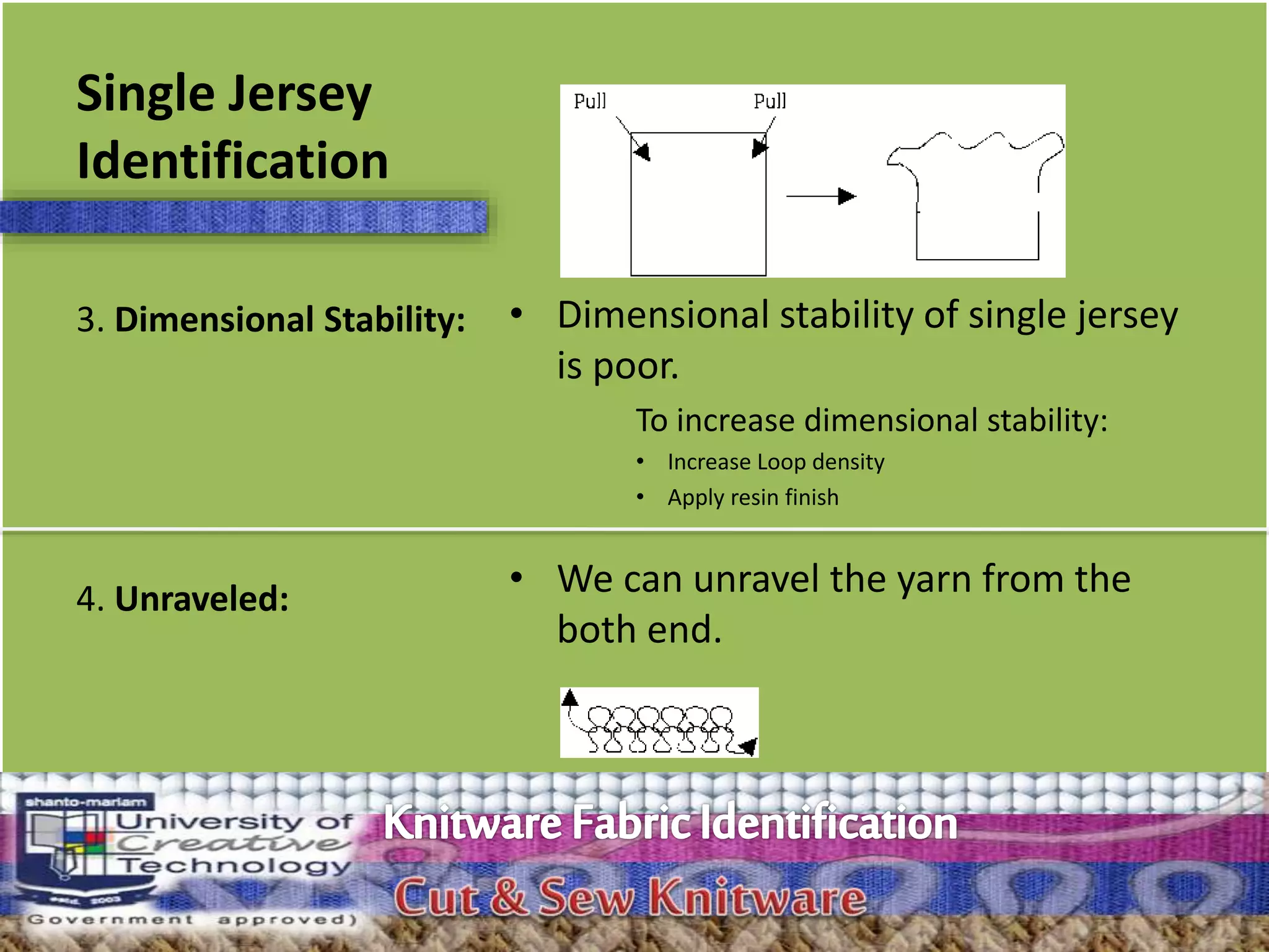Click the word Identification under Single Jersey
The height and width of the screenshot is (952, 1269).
232,161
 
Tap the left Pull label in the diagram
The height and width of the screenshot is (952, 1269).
589,101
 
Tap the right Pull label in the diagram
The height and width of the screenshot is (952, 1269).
770,101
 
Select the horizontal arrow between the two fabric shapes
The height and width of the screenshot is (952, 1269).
820,196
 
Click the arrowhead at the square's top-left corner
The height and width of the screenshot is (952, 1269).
643,151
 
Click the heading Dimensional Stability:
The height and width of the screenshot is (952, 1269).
289,320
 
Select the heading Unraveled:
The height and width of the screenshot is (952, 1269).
201,599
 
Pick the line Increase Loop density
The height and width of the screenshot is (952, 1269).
776,462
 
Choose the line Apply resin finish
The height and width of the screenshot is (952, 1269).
753,497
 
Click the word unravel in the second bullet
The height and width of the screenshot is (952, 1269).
755,579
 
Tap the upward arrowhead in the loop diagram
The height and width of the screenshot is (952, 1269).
569,698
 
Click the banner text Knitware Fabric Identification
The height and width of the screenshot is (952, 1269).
670,823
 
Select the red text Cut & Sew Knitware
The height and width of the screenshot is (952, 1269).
630,897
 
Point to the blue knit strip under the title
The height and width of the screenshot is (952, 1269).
244,217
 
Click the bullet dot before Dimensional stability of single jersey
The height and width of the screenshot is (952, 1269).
516,314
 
